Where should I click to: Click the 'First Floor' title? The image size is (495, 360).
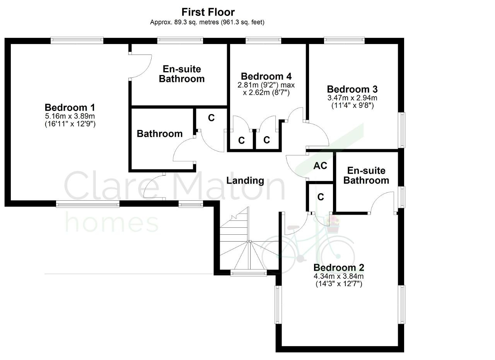(x=208, y=12)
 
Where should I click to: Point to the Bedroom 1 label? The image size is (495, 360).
(x=70, y=107)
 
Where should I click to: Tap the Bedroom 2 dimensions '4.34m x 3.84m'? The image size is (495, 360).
(x=338, y=276)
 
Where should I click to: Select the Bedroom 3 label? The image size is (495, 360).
(x=352, y=89)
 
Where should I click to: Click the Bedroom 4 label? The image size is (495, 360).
(x=266, y=76)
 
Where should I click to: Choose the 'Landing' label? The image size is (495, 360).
(x=245, y=181)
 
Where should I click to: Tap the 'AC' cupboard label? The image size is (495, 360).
(x=320, y=165)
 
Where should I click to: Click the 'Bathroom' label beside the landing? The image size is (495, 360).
(x=160, y=134)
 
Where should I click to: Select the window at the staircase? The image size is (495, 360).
(x=249, y=273)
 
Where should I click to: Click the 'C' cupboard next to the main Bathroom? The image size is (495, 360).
(x=211, y=118)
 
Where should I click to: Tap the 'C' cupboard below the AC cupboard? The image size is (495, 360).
(x=321, y=197)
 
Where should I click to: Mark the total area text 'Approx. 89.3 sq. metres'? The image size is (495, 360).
(x=184, y=22)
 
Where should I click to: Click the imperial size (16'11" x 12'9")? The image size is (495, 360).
(x=70, y=124)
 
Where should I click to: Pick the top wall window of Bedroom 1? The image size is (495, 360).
(x=77, y=40)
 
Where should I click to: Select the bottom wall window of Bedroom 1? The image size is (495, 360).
(x=88, y=204)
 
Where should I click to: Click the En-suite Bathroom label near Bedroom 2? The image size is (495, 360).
(x=366, y=176)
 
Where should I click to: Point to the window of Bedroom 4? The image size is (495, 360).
(x=263, y=40)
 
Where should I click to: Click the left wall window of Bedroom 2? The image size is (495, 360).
(x=278, y=305)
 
